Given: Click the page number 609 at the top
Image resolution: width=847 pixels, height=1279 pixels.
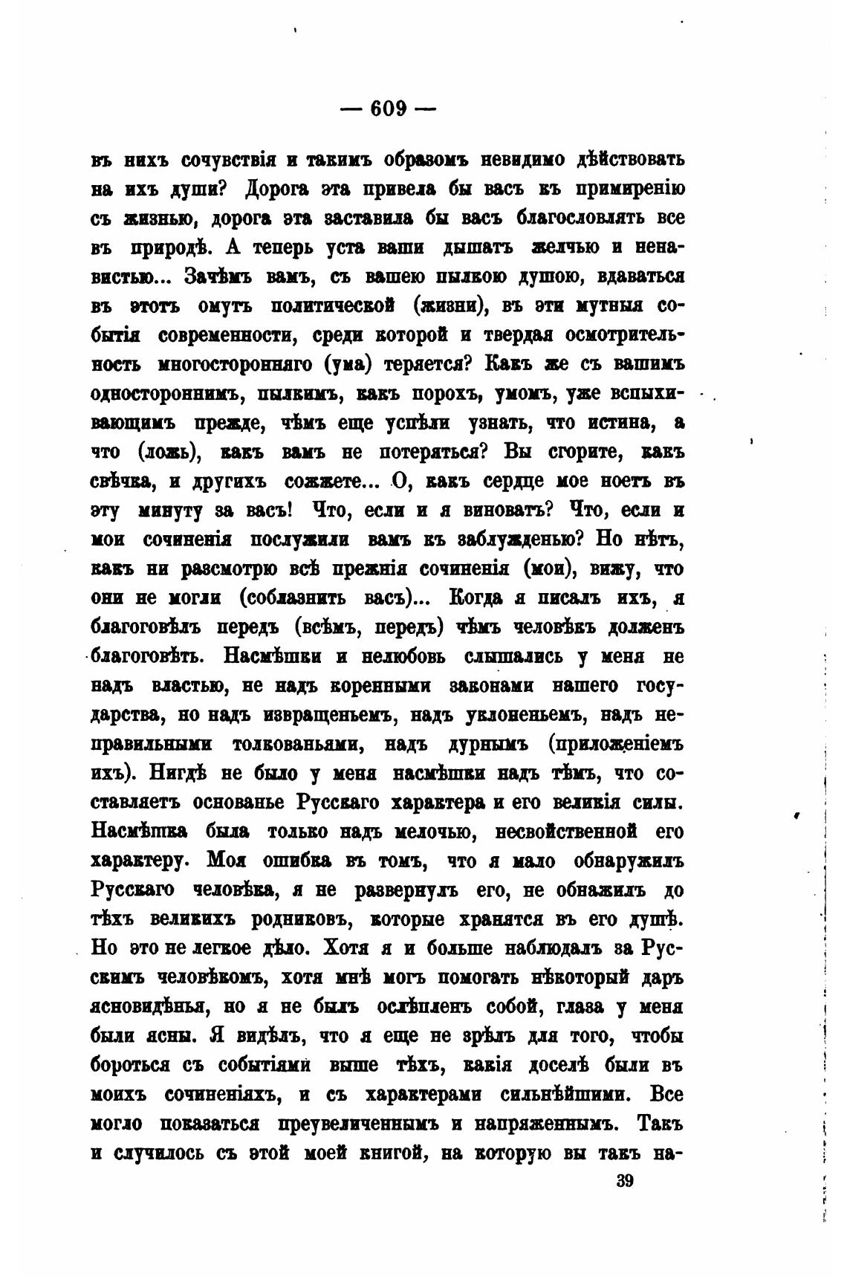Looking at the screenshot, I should point(387,109).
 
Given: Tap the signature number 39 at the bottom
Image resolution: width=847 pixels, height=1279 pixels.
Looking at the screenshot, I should point(625,1182).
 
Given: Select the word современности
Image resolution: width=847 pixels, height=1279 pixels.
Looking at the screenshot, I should point(224,336).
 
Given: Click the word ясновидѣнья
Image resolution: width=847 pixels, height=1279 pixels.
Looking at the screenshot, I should point(148,1007).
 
